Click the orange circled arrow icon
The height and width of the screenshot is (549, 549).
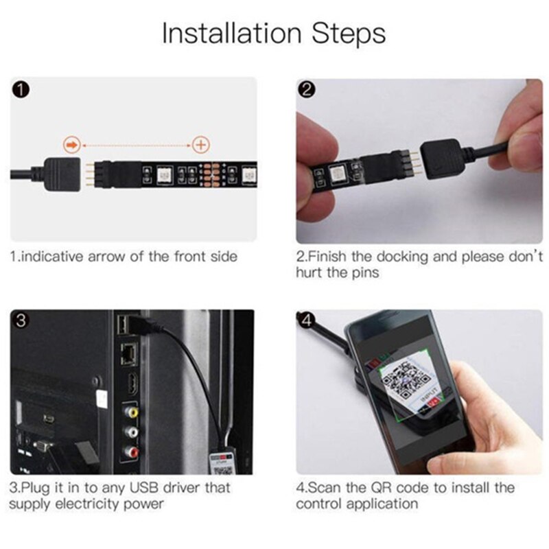(x=71, y=145)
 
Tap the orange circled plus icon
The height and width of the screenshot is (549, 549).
(x=200, y=145)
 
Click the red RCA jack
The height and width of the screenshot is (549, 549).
(x=130, y=453)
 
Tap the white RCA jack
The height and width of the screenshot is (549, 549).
(x=130, y=433)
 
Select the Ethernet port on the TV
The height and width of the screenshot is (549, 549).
(x=128, y=353)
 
